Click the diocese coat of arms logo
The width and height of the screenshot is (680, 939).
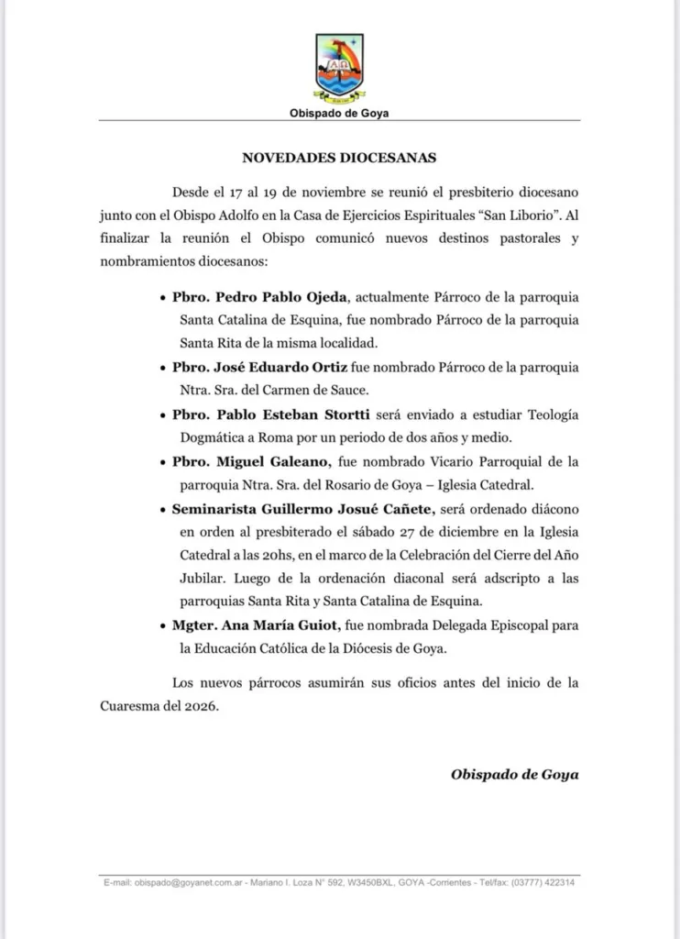point(339,68)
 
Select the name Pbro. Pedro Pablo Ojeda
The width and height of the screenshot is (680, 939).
point(261,299)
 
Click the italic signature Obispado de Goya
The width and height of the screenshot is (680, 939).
point(514,773)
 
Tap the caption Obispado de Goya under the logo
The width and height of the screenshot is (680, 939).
point(339,114)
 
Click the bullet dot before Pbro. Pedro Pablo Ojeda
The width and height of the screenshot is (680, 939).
point(163,300)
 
